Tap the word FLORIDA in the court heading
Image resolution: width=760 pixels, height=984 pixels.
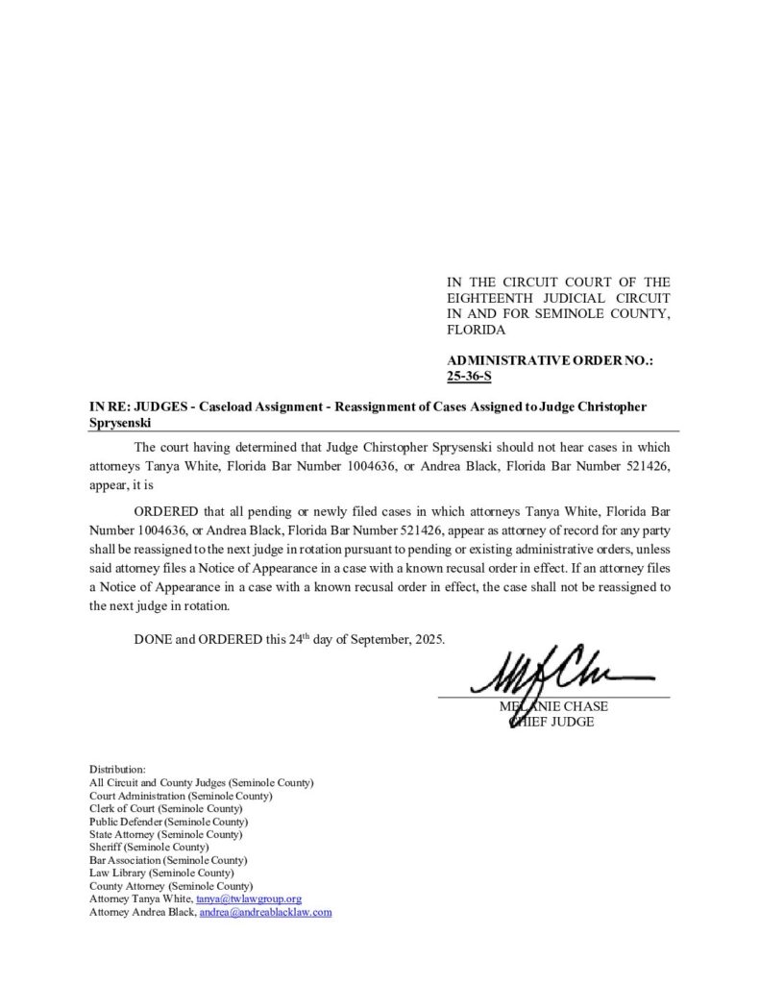(476, 330)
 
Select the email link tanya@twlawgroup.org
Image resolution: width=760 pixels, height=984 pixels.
(249, 898)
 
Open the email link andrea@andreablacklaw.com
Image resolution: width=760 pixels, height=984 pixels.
(265, 912)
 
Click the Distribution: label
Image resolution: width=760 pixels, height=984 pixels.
(117, 770)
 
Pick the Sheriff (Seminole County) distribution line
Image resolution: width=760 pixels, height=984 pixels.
(148, 847)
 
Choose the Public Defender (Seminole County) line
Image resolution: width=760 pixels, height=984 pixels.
(168, 822)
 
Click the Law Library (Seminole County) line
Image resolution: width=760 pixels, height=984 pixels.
(156, 873)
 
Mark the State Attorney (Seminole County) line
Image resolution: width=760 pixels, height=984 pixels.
(165, 834)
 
